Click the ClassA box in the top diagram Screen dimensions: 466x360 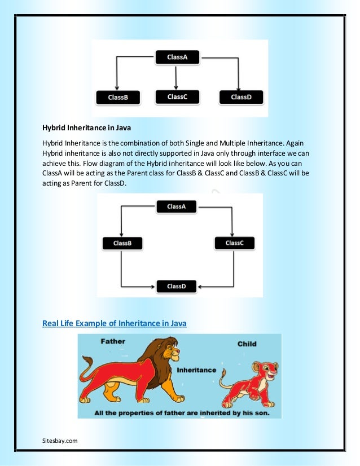[x=177, y=57]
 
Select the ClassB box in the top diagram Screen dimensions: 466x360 [x=118, y=97]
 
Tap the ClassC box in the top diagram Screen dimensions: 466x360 [x=177, y=96]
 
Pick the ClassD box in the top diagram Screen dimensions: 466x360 [x=241, y=97]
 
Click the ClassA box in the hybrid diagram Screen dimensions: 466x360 [x=176, y=206]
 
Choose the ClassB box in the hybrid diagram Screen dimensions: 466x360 [x=122, y=243]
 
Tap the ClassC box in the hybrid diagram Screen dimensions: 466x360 [x=234, y=243]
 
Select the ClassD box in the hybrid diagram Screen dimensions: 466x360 [x=176, y=286]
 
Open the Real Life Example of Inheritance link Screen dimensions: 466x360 [x=115, y=323]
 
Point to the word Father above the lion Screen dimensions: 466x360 [x=113, y=341]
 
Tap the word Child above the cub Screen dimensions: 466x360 [x=247, y=344]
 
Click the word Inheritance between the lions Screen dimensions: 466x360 [x=196, y=370]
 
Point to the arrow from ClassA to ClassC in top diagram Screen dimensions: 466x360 [x=176, y=77]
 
